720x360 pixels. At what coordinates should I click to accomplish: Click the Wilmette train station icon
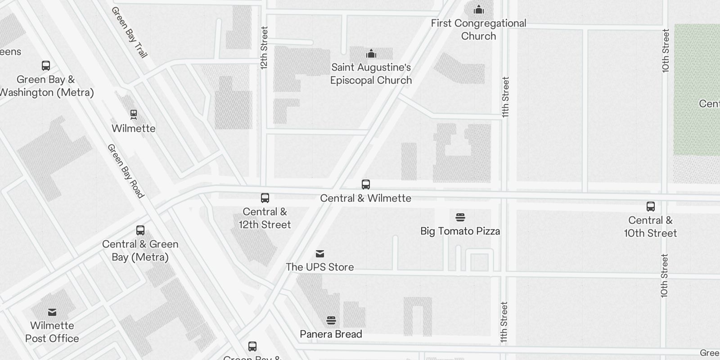[134, 114]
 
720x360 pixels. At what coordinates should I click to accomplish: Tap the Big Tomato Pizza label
[460, 231]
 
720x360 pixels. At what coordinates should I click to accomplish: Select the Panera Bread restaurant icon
[331, 320]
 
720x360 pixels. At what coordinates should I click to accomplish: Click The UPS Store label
[319, 267]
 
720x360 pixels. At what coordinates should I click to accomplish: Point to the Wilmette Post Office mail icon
[52, 312]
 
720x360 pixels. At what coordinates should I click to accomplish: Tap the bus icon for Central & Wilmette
[366, 184]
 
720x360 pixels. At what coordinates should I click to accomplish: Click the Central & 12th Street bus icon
[265, 198]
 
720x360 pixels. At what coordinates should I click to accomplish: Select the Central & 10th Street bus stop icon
[650, 207]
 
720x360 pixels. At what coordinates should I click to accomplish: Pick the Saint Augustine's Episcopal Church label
[371, 74]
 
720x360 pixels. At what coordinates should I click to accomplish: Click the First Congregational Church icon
[479, 9]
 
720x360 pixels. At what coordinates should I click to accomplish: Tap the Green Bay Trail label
[129, 32]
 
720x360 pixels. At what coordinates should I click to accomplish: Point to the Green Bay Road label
[126, 171]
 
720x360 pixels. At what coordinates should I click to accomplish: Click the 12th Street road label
[264, 48]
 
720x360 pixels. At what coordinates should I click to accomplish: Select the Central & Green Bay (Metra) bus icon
[140, 230]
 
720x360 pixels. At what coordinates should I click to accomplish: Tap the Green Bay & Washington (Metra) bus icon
[46, 66]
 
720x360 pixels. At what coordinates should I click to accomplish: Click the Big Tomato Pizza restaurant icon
[460, 217]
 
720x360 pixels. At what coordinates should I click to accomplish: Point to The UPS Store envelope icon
[319, 254]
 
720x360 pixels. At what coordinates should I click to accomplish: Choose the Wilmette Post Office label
[52, 332]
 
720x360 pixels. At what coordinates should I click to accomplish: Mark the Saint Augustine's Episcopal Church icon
[371, 54]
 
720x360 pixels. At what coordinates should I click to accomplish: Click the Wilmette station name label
[134, 128]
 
